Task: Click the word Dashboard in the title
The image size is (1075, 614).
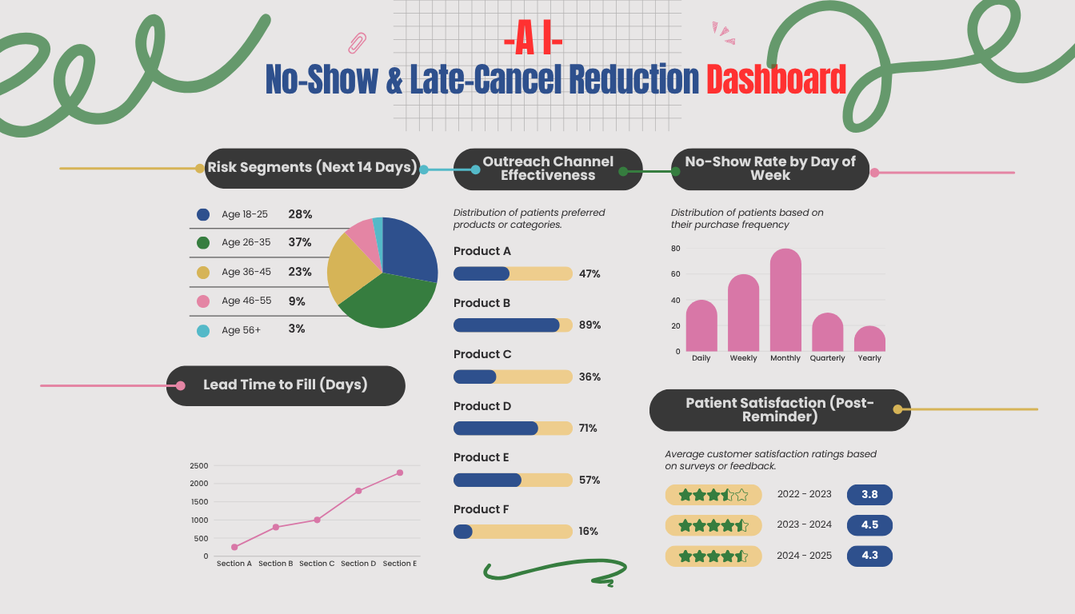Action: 776,79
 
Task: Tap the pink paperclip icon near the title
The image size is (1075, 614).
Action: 358,42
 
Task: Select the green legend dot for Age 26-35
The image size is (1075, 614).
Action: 203,242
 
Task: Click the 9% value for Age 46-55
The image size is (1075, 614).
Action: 297,301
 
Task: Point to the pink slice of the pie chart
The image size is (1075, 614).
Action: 361,234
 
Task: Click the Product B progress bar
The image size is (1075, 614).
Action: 513,325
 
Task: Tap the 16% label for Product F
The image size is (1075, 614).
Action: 589,532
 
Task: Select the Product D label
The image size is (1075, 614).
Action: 482,406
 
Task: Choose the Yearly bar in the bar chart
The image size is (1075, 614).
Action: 869,339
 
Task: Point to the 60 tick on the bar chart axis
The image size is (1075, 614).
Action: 676,274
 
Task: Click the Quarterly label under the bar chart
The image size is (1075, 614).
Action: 827,358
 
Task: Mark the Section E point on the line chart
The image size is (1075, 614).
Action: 400,472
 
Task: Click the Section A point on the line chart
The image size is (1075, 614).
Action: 234,547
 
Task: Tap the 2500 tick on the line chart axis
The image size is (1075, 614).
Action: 199,465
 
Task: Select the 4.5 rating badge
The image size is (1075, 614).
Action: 869,525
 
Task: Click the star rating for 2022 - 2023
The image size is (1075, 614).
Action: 713,495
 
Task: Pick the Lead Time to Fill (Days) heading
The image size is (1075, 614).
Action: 286,385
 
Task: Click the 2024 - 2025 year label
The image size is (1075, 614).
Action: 804,555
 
